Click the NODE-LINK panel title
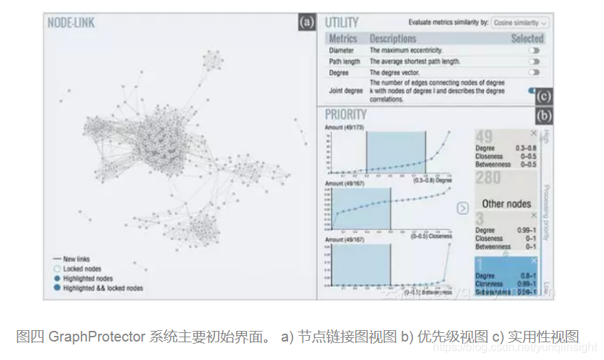pos(71,23)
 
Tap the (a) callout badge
pos(307,22)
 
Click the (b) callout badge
pos(544,115)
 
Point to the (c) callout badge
pos(544,96)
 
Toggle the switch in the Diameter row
pos(534,50)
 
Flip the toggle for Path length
pos(534,62)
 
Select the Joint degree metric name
pos(346,91)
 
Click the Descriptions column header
pos(392,38)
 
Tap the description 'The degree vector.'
pos(395,72)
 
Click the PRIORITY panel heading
pos(346,114)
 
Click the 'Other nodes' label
pos(507,204)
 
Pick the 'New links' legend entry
pos(77,259)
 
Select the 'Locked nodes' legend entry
pos(82,269)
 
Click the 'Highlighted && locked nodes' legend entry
pos(103,288)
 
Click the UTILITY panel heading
pos(341,23)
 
